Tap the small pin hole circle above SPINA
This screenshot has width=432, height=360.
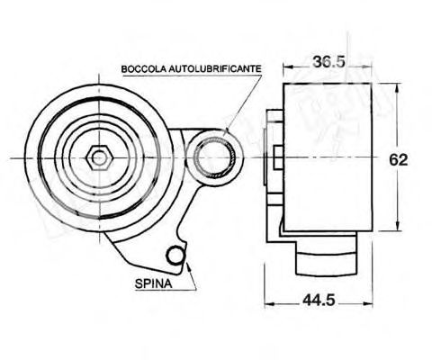[x=178, y=258]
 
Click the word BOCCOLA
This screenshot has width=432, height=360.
[x=142, y=68]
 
